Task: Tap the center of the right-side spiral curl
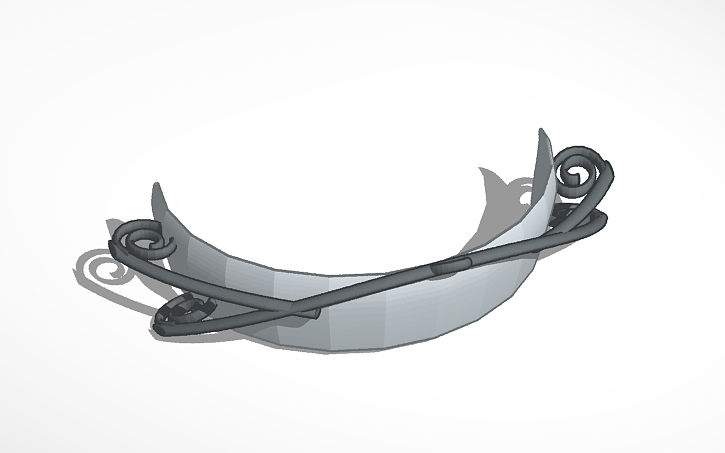(x=580, y=172)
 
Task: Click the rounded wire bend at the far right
(x=603, y=215)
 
